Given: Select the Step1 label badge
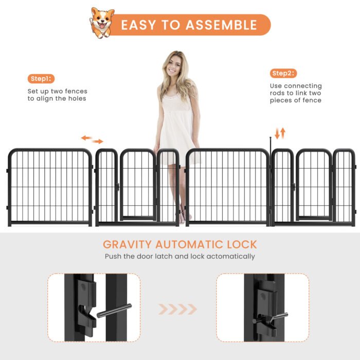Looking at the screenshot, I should (41, 79).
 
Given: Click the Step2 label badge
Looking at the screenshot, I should (284, 73).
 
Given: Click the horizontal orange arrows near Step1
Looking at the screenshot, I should (92, 139).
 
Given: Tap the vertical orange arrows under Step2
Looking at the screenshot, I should (280, 133).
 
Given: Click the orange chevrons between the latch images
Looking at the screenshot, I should (177, 309).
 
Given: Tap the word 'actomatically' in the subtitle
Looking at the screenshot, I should (230, 256).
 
